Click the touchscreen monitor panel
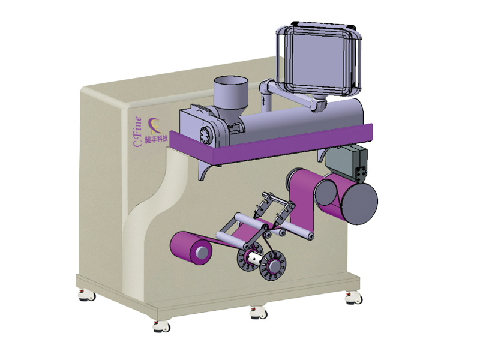[x=319, y=59]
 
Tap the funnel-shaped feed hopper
[x=230, y=95]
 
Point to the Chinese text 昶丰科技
[x=156, y=139]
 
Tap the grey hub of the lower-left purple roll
[x=202, y=252]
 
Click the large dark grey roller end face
[x=359, y=203]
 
